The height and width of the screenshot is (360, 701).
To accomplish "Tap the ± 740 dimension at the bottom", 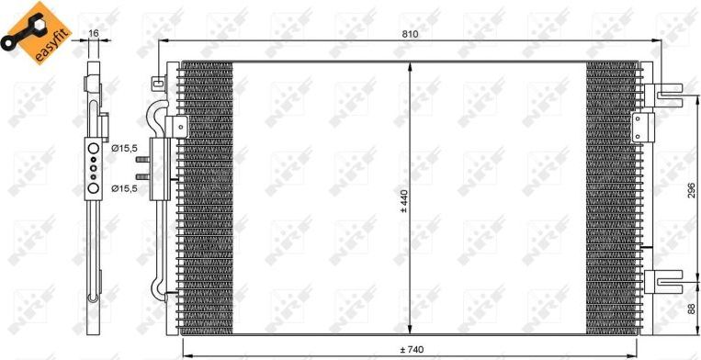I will [410, 350].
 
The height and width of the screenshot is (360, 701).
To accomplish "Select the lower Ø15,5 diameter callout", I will [125, 188].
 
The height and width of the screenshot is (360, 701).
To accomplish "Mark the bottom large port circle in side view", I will [93, 189].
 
